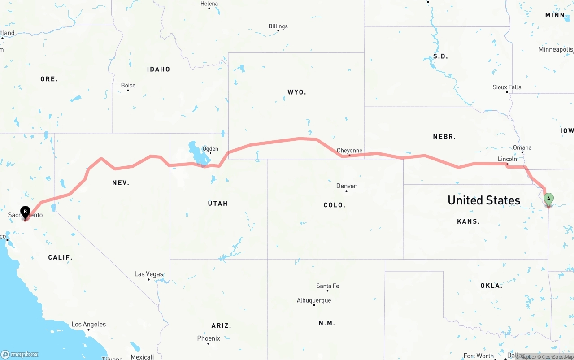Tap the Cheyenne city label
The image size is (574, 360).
pos(349,151)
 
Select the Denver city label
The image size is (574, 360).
pos(346,186)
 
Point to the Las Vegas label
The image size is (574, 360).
pos(149,274)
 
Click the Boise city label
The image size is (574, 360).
pos(128,85)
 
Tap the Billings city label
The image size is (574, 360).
pos(278,26)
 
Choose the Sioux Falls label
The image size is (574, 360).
pos(507,87)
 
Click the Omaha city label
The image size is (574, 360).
pos(522,147)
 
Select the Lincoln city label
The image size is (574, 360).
pos(507,159)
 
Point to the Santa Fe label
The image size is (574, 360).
pos(327,286)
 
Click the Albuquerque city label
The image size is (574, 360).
pos(314,300)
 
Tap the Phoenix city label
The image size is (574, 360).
pos(209,338)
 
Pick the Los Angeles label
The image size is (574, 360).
pos(89,324)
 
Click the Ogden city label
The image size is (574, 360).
pos(210,149)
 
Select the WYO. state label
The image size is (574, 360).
pos(297,92)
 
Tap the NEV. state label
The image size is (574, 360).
pos(121,182)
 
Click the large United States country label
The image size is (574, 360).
pos(484,200)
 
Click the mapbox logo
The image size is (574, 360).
pos(20,354)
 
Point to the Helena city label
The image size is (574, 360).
pos(209,4)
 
